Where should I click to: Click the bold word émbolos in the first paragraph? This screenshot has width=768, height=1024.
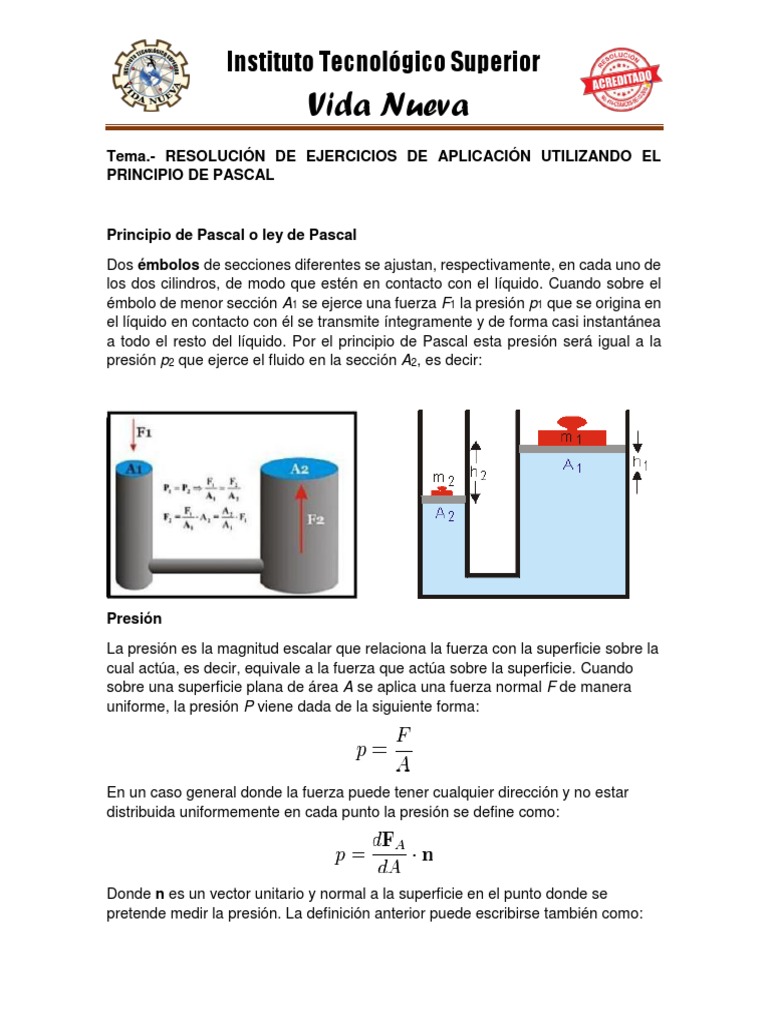[x=166, y=264]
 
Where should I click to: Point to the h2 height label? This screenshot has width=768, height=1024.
[x=480, y=473]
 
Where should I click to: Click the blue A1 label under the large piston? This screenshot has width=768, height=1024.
[x=573, y=465]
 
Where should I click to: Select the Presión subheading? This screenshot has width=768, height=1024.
[x=134, y=619]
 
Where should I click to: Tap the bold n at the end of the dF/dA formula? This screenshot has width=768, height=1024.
[x=428, y=856]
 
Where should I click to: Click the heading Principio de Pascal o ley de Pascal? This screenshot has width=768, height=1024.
[x=232, y=234]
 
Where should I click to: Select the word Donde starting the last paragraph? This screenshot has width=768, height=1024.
[x=129, y=892]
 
